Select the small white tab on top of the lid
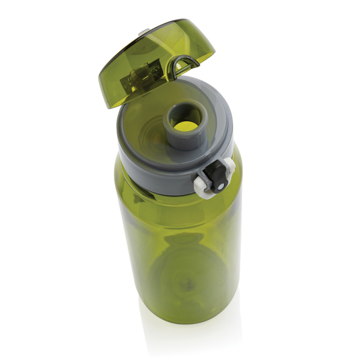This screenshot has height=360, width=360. pyautogui.click(x=143, y=30)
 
